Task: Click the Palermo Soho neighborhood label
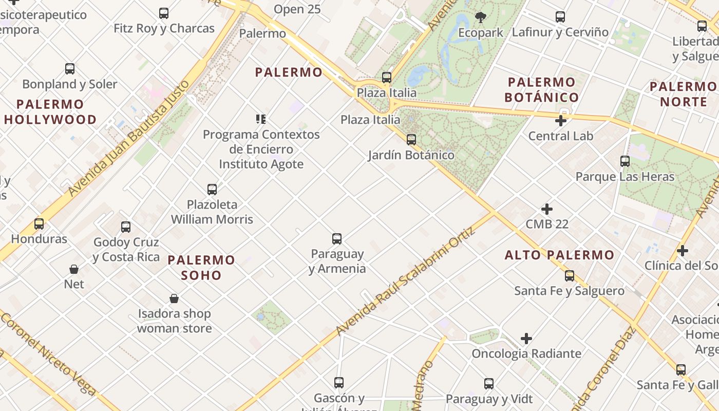(201, 267)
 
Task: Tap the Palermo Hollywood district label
(50, 112)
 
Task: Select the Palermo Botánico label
(541, 89)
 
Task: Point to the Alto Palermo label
(559, 255)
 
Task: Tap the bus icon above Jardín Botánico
(411, 139)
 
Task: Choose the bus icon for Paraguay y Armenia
(337, 239)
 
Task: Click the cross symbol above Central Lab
(561, 121)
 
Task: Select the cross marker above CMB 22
(547, 209)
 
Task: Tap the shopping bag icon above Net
(74, 269)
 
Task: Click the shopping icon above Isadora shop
(174, 298)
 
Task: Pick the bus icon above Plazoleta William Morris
(212, 190)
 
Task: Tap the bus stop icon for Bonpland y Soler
(70, 69)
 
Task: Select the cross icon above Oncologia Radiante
(526, 339)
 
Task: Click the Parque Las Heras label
(625, 177)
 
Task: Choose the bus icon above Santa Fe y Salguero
(569, 276)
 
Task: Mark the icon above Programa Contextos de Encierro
(261, 119)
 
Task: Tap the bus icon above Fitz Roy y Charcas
(164, 13)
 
